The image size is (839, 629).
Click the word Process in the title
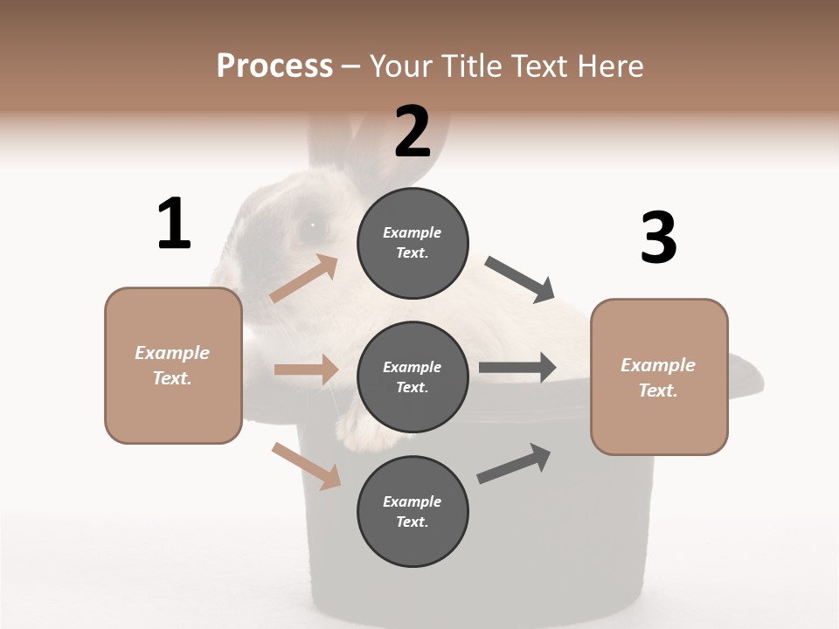pos(274,66)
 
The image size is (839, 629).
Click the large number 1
pos(174,224)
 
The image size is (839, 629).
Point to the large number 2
pos(413,132)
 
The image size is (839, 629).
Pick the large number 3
pos(658,238)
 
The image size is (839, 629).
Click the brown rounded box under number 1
pos(173,365)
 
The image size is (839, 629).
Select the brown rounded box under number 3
pos(659,377)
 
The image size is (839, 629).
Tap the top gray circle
pos(413,243)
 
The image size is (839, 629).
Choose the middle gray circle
pos(413,377)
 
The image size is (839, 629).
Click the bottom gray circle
pos(413,511)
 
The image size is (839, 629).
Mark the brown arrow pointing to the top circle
pos(304,279)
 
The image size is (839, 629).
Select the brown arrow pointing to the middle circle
pos(306,370)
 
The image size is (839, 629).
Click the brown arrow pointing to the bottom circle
pos(307,466)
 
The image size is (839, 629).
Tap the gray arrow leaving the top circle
pos(521,280)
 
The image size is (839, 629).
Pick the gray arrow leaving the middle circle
pos(517,368)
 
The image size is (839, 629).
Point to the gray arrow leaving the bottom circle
pos(515,463)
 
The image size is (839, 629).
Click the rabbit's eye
pos(309,226)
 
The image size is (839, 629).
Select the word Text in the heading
pos(542,66)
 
